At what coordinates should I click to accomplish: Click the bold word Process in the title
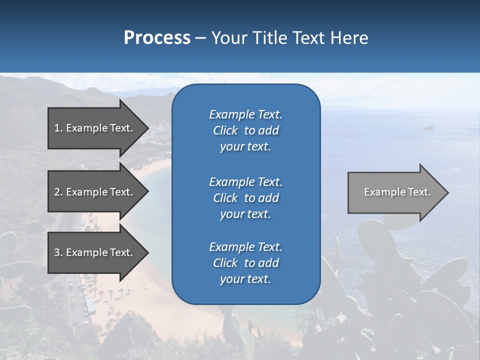click(x=157, y=38)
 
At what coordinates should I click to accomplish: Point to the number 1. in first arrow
click(x=58, y=128)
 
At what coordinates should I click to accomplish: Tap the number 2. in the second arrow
click(x=58, y=192)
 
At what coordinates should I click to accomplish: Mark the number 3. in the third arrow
click(x=58, y=252)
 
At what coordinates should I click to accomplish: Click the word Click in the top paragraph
click(x=225, y=130)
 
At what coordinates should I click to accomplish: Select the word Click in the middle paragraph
click(x=225, y=198)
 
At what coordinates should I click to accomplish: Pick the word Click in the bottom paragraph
click(x=225, y=263)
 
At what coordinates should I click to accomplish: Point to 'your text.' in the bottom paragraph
click(x=245, y=279)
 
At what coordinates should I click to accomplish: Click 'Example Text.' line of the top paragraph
click(x=245, y=114)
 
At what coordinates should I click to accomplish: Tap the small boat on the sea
click(x=428, y=128)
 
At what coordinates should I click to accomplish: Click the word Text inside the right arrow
click(x=419, y=192)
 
